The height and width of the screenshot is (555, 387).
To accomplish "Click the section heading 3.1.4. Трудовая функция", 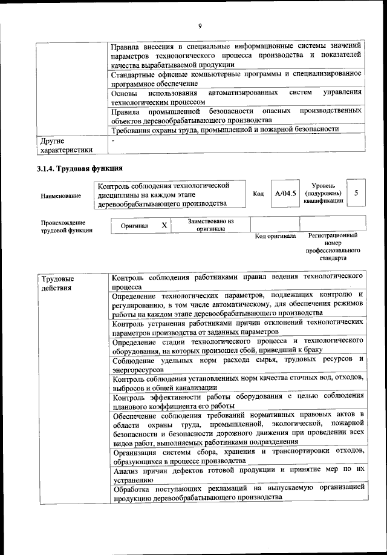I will (80, 168).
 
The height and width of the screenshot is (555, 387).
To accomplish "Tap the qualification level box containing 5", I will (357, 193).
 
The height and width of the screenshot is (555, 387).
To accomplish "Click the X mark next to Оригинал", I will (163, 225).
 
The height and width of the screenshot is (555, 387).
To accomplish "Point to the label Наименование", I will (60, 195).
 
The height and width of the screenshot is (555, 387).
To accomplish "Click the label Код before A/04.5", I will (258, 194).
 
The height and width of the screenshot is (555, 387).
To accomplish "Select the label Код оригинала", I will (275, 236).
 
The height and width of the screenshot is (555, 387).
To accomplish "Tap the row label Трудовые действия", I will (58, 283).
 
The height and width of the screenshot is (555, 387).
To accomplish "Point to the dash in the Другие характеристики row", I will (113, 140).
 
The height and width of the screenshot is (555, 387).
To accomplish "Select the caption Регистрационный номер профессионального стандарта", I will (333, 246).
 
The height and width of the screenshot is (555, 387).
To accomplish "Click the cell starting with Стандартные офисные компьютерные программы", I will (236, 78).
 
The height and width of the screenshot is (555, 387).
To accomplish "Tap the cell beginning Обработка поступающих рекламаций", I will (236, 491).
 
